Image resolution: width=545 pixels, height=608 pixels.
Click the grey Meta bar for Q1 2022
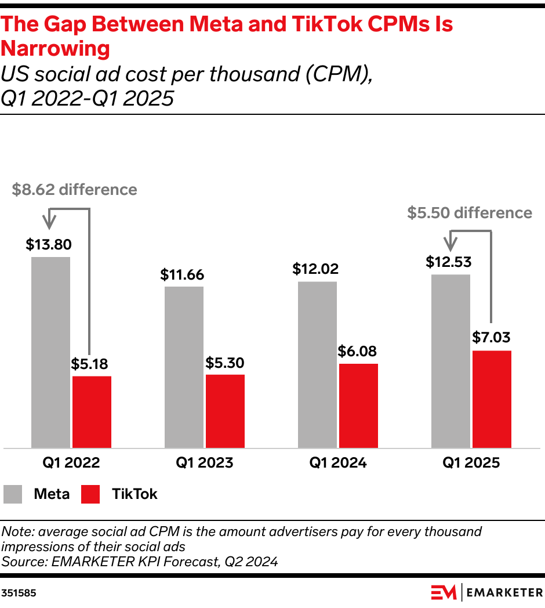coord(50,352)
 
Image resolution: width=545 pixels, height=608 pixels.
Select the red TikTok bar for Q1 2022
coord(92,412)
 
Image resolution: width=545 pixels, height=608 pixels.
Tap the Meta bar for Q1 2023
coord(184,367)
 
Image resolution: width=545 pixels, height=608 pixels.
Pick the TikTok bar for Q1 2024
coord(358,406)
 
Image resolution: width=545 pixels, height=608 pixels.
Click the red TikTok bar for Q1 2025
coord(492,399)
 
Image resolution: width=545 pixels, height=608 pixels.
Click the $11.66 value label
coord(182,274)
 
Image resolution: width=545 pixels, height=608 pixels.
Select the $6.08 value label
coord(358,351)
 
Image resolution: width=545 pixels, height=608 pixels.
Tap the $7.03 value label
coord(491,338)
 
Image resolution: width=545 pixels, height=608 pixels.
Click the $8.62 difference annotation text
coord(74,190)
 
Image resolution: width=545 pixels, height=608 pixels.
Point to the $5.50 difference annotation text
coord(469,213)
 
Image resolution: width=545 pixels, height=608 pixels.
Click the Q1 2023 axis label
coord(205,463)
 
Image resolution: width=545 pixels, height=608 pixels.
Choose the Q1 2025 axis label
coord(471,463)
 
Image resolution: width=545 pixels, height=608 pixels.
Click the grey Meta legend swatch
coord(13,494)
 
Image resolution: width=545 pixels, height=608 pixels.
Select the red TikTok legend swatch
coord(90,494)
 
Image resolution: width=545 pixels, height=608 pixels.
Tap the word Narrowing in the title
coord(56,49)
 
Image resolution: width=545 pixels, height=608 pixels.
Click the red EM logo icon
coord(444,592)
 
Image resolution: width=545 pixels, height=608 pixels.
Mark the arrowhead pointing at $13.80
coord(50,223)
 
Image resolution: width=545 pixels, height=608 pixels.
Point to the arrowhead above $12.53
coord(450,244)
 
